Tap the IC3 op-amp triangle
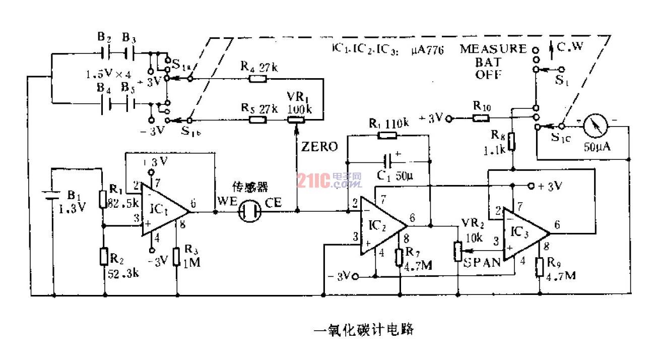click(x=524, y=234)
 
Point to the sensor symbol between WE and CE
click(x=250, y=212)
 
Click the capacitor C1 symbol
click(x=387, y=162)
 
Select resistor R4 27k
click(x=258, y=79)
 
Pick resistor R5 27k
click(x=258, y=120)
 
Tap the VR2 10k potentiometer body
click(x=457, y=251)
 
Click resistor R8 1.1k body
click(x=512, y=142)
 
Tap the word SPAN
click(x=483, y=262)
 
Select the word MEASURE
click(x=493, y=49)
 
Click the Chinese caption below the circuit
click(x=363, y=330)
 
